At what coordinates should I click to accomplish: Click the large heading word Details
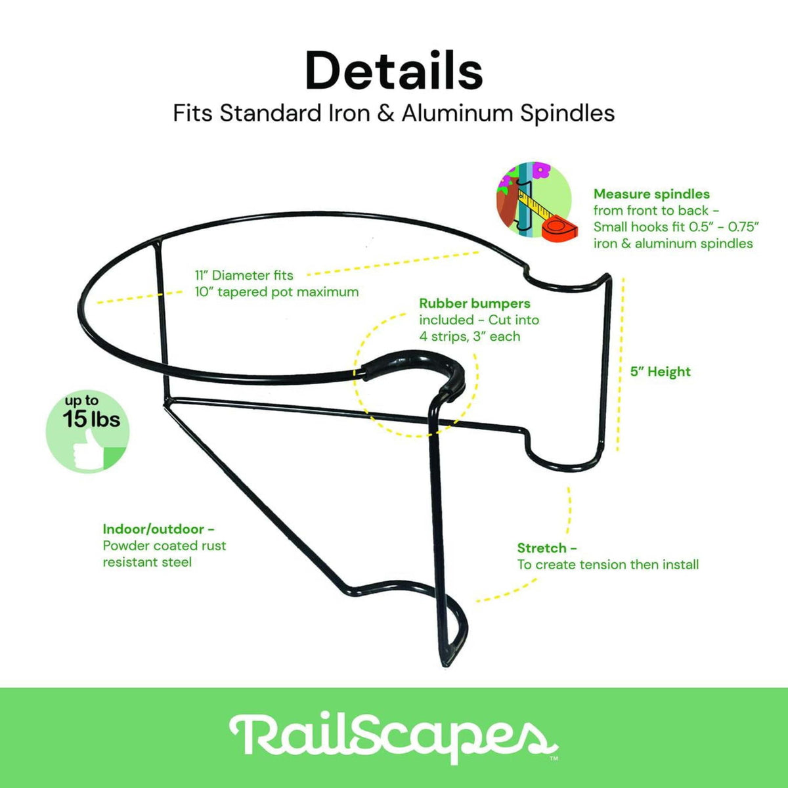click(394, 71)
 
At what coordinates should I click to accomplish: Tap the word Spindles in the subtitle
click(567, 113)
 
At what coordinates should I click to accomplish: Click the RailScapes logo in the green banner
click(393, 738)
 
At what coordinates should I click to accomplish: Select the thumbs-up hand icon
click(89, 450)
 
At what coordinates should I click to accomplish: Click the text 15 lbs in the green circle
click(91, 419)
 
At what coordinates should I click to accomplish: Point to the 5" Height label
click(661, 372)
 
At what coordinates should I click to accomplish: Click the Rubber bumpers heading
click(475, 303)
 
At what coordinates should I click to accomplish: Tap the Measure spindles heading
click(651, 194)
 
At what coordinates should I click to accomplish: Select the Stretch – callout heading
click(547, 548)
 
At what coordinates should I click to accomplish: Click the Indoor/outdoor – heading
click(159, 529)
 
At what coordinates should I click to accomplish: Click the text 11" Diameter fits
click(244, 275)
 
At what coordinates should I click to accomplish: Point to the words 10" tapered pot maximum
click(277, 292)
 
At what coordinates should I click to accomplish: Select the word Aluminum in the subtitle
click(457, 113)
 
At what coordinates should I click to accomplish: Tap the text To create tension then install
click(608, 565)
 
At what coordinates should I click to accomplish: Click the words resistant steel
click(147, 562)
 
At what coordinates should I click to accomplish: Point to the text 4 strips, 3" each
click(470, 336)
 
